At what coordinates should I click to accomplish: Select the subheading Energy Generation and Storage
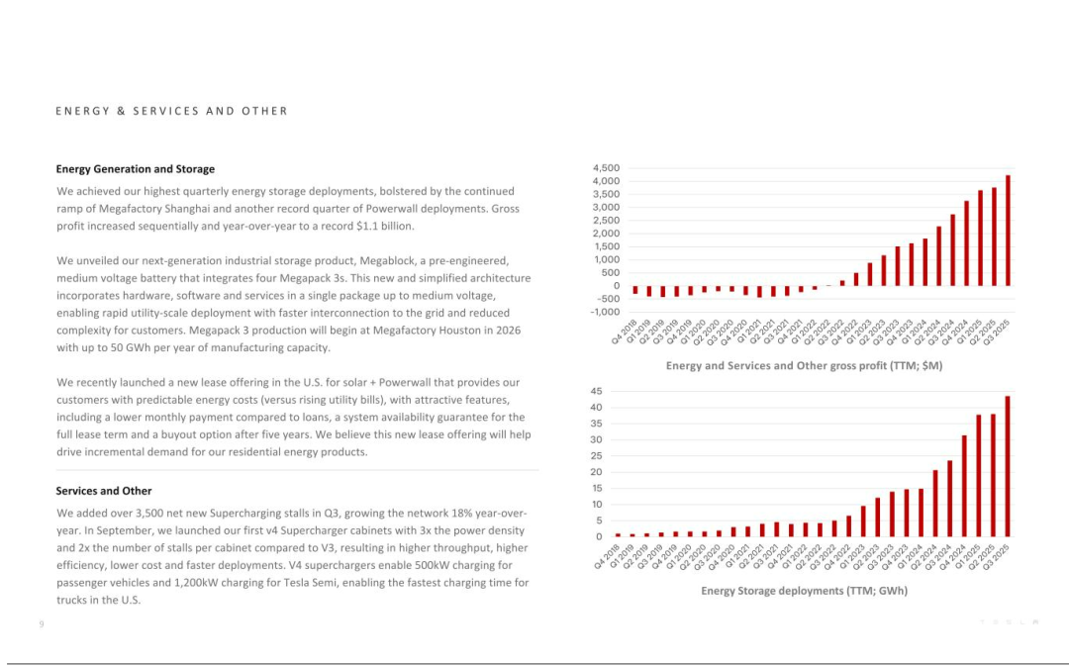pos(135,169)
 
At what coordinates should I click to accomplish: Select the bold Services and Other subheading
pos(103,491)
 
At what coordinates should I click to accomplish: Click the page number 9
pos(41,623)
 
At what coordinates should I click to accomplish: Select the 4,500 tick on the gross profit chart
pos(606,168)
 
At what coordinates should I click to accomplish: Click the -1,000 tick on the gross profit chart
pos(605,312)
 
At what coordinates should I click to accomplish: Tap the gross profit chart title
pos(804,366)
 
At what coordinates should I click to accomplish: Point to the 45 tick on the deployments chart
pos(596,392)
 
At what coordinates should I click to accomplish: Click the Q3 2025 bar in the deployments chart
pos(1008,466)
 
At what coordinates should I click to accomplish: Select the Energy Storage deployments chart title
pos(804,591)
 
